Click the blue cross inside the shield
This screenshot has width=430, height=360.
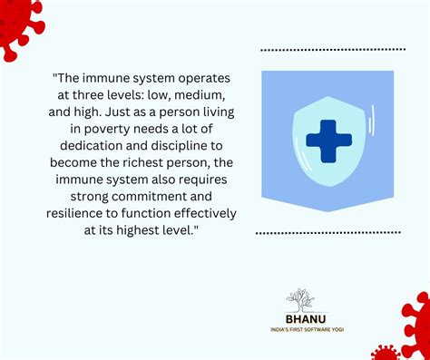click(x=328, y=140)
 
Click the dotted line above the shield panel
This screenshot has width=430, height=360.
click(x=330, y=49)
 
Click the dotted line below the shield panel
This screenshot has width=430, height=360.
click(x=328, y=233)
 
